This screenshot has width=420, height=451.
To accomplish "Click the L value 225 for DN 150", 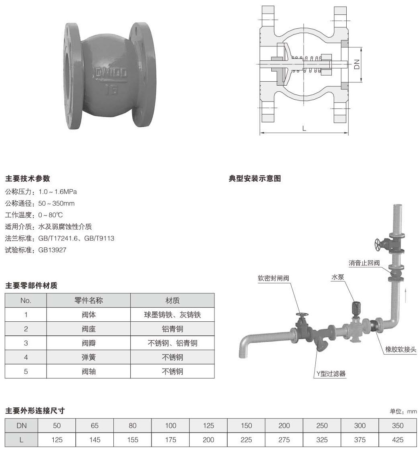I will [246, 439].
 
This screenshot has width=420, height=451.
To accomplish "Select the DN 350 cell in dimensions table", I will [398, 425].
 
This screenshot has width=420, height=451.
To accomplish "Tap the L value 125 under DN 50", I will [57, 439].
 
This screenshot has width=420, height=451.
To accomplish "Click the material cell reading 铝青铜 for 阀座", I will [172, 329].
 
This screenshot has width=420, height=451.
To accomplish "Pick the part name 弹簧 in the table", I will [89, 357].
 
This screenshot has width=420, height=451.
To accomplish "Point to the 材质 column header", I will [172, 301].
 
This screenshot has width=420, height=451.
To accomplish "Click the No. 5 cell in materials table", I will [26, 371].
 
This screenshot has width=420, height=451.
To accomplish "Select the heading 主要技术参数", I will [27, 178].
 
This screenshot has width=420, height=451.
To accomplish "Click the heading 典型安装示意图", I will [254, 178].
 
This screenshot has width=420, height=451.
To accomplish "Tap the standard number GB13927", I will [52, 250].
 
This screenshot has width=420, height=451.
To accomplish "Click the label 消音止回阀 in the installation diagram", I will [363, 263].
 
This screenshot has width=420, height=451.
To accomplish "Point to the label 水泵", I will [337, 277].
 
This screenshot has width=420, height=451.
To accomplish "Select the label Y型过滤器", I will [330, 374].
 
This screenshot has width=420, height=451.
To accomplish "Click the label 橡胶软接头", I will [401, 349].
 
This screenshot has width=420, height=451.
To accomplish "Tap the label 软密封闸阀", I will [273, 278].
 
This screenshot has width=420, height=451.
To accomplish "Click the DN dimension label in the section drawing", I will [357, 64].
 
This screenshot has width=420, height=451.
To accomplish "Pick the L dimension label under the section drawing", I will [304, 128].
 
